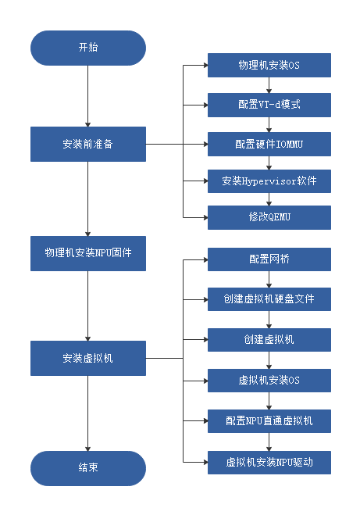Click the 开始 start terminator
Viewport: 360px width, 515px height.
(88, 48)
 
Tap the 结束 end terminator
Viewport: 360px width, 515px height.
(88, 468)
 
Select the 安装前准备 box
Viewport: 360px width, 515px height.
(88, 144)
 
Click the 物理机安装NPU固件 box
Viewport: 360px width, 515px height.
(88, 253)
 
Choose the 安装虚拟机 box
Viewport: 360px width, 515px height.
(88, 358)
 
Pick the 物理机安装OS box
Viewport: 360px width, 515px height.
(269, 65)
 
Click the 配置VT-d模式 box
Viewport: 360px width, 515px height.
(269, 105)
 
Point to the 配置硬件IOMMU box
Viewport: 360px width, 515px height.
(269, 145)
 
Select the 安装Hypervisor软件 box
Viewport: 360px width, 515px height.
(269, 181)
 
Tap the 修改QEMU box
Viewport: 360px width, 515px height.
(269, 217)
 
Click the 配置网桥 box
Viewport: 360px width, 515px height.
(269, 259)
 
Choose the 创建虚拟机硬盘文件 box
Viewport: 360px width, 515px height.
(269, 299)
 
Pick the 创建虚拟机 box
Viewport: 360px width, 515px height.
(269, 340)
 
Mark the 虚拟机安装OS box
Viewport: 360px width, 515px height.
(269, 381)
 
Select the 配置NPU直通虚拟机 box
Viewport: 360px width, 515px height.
(269, 421)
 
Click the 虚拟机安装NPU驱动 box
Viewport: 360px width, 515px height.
(269, 463)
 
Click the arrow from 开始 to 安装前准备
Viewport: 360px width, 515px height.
(88, 96)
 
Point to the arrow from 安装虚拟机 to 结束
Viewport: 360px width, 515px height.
(88, 413)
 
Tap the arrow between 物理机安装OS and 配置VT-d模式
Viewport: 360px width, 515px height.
(269, 85)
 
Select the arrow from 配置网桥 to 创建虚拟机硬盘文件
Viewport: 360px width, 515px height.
(269, 279)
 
